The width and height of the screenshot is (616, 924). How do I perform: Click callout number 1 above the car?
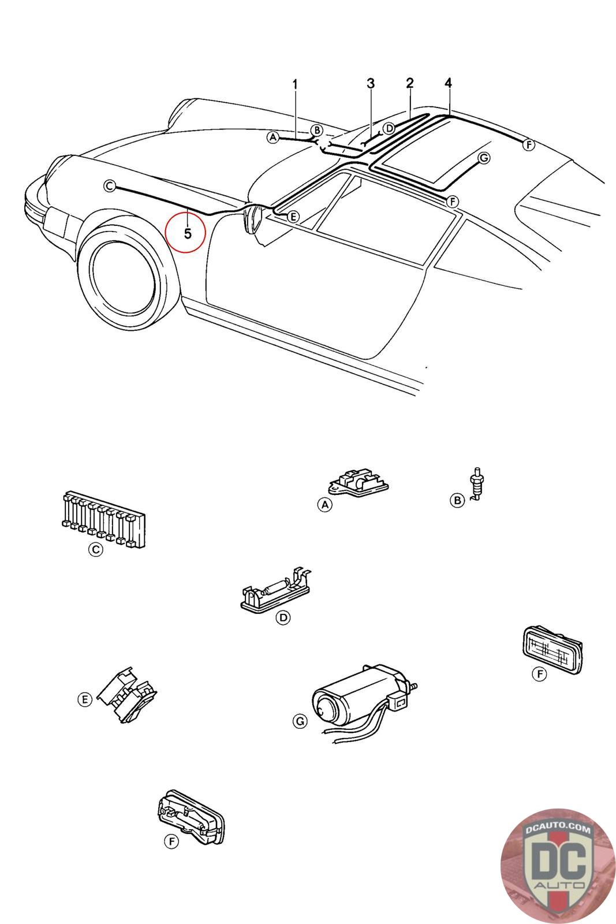[295, 84]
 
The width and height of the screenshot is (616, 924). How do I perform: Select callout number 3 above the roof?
[371, 83]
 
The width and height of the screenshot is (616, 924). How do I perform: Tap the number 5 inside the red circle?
[188, 234]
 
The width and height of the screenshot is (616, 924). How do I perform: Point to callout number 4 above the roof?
[448, 83]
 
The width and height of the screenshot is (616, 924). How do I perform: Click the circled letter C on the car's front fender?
[109, 187]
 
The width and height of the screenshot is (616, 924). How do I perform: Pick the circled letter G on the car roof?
[484, 158]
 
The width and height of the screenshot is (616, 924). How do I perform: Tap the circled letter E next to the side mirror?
[292, 217]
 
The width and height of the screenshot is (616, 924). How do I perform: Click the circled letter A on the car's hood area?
[272, 137]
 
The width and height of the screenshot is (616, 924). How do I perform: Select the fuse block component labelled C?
[103, 519]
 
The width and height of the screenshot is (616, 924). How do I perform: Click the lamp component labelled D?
[275, 589]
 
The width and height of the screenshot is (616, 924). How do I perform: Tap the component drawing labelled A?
[358, 481]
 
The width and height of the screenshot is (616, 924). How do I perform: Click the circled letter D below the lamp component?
[283, 617]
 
